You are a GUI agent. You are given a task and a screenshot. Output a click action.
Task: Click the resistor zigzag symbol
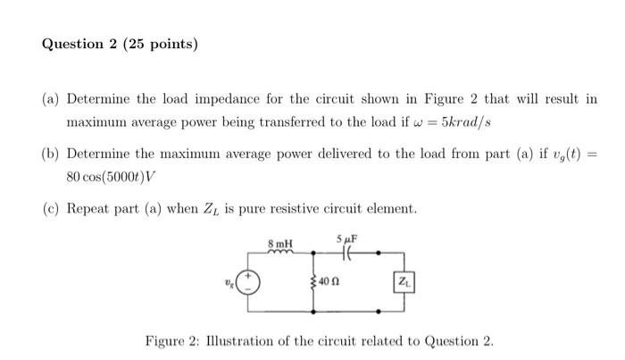[x=315, y=284]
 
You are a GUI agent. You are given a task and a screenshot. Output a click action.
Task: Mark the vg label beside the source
[x=229, y=284]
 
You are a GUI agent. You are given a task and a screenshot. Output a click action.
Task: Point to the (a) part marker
[x=50, y=98]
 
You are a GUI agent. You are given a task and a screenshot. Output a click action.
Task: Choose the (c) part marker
[x=50, y=208]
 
